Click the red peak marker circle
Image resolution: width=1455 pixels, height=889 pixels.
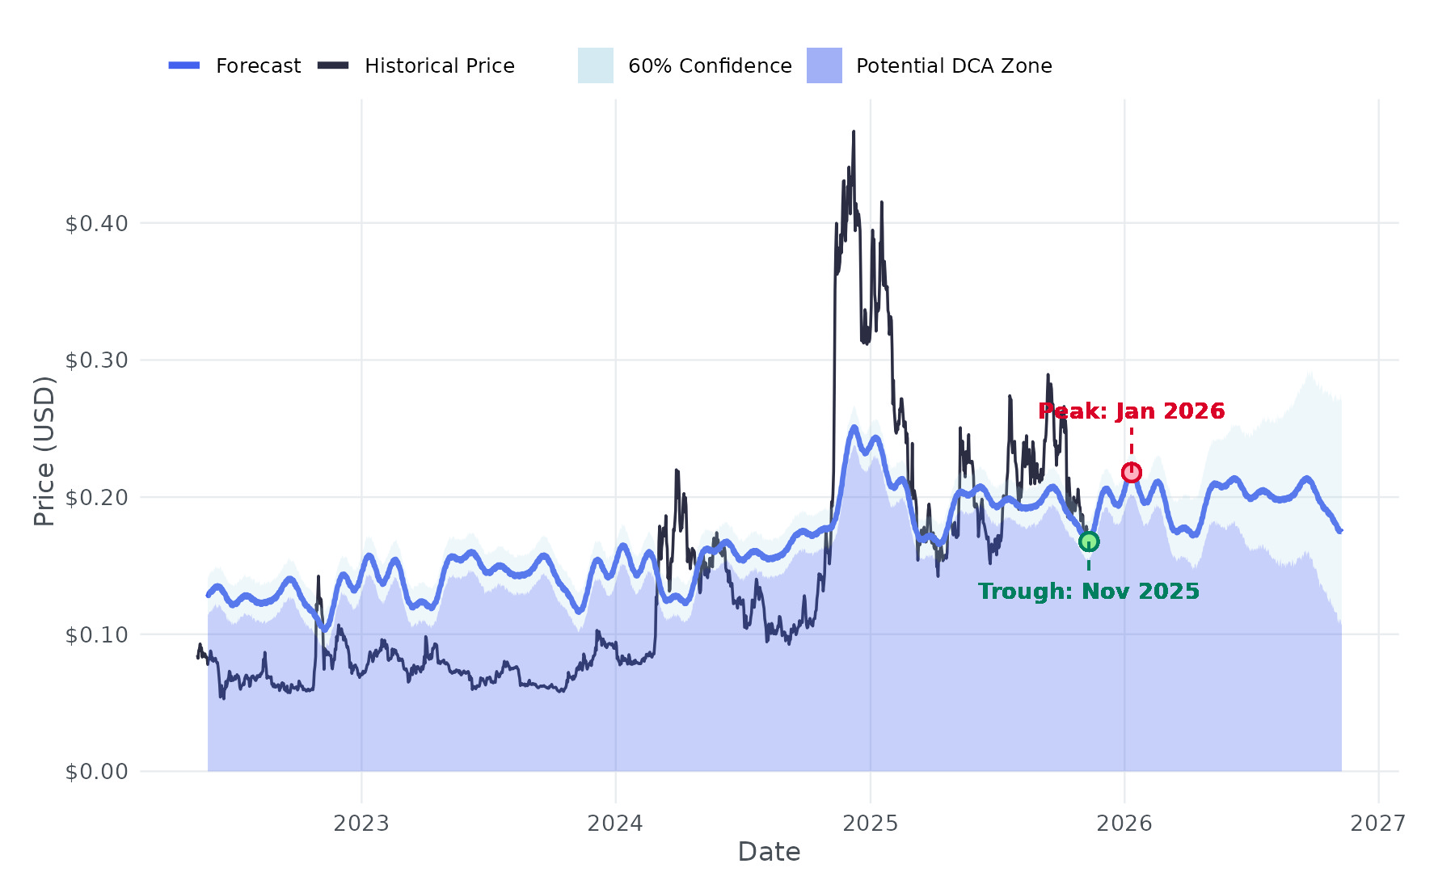(x=1131, y=472)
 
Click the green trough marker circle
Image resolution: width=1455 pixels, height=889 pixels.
(x=1089, y=541)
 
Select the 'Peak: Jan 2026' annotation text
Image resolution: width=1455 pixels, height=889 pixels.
(x=1131, y=411)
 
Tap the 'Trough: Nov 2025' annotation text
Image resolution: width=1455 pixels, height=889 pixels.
(x=1088, y=592)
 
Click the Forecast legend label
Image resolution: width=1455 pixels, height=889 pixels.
(x=258, y=66)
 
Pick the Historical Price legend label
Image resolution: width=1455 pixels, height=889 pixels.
(x=439, y=66)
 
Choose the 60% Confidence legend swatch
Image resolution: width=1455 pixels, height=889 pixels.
(x=595, y=65)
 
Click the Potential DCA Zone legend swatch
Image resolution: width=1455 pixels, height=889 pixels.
(x=824, y=65)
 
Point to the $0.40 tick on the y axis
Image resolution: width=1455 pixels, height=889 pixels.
(x=96, y=224)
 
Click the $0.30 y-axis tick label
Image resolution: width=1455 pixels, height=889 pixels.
(x=96, y=360)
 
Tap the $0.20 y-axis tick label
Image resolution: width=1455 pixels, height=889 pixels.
(x=96, y=498)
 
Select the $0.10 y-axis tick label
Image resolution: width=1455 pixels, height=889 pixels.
(x=96, y=635)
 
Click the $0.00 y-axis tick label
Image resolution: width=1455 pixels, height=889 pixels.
(x=96, y=772)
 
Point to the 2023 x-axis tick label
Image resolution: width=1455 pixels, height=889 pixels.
(x=361, y=824)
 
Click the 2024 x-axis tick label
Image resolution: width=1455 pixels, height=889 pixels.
(x=615, y=824)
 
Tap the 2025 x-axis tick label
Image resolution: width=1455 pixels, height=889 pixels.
(x=870, y=824)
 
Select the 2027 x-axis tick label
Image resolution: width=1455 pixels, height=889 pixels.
(x=1378, y=824)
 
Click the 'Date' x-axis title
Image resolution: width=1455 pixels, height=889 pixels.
(x=769, y=852)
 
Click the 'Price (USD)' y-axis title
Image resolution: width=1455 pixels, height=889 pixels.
(x=45, y=451)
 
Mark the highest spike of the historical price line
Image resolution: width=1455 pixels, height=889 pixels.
(x=854, y=133)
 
